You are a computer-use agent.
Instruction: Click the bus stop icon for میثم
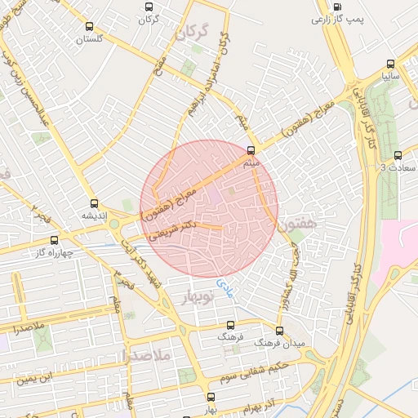(250, 149)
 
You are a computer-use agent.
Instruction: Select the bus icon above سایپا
(390, 64)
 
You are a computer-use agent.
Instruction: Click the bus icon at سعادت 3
(398, 156)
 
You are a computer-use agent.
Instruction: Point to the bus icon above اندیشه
(94, 204)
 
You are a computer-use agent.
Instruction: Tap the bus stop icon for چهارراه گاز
(55, 241)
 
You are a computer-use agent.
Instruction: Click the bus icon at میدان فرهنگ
(279, 331)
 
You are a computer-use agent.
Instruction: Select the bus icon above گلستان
(89, 26)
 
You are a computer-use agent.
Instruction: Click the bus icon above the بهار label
(211, 397)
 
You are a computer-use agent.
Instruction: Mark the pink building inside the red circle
(216, 197)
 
